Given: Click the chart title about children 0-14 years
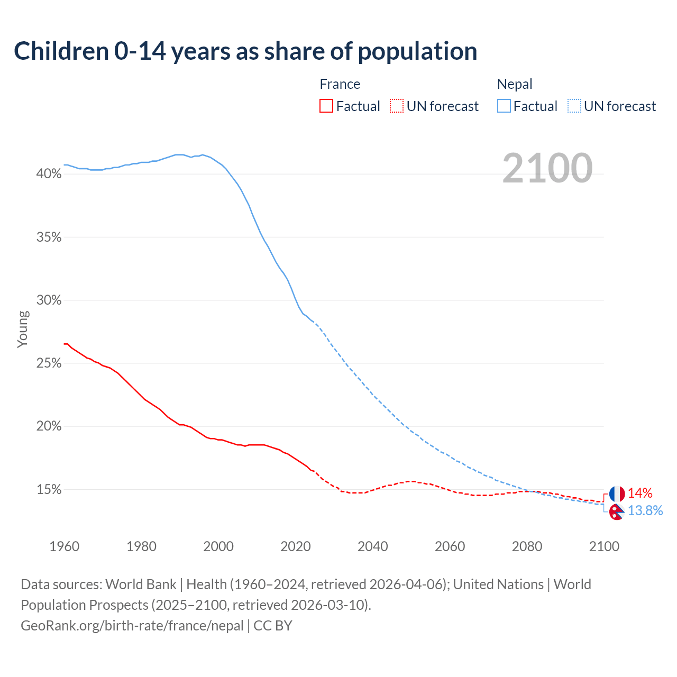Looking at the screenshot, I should (x=245, y=51).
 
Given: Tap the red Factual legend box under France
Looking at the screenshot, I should (x=326, y=106).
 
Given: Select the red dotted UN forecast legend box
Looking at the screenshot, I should (x=397, y=106).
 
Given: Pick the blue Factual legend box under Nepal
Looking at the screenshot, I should (x=504, y=106).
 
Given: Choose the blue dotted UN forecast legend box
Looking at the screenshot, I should (x=574, y=106).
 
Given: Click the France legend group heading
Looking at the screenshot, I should (x=340, y=84).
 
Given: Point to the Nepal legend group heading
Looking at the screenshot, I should (x=515, y=84).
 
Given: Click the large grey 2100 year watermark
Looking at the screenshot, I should (x=547, y=168).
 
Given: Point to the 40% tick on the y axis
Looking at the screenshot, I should (x=49, y=174).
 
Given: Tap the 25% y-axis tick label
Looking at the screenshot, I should (x=49, y=363).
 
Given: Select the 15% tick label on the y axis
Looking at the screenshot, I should (x=49, y=490).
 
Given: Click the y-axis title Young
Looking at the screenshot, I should (x=23, y=329).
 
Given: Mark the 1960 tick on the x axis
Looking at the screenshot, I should (x=65, y=546).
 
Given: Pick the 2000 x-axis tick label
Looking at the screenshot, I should (x=218, y=546).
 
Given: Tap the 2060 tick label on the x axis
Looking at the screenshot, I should (x=450, y=546).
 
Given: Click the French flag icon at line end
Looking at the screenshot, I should (x=617, y=494).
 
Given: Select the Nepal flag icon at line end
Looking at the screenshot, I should (x=616, y=511).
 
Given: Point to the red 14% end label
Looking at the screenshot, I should (x=640, y=493).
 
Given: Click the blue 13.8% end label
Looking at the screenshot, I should (x=645, y=510).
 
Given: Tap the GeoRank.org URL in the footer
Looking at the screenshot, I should (x=132, y=626).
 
